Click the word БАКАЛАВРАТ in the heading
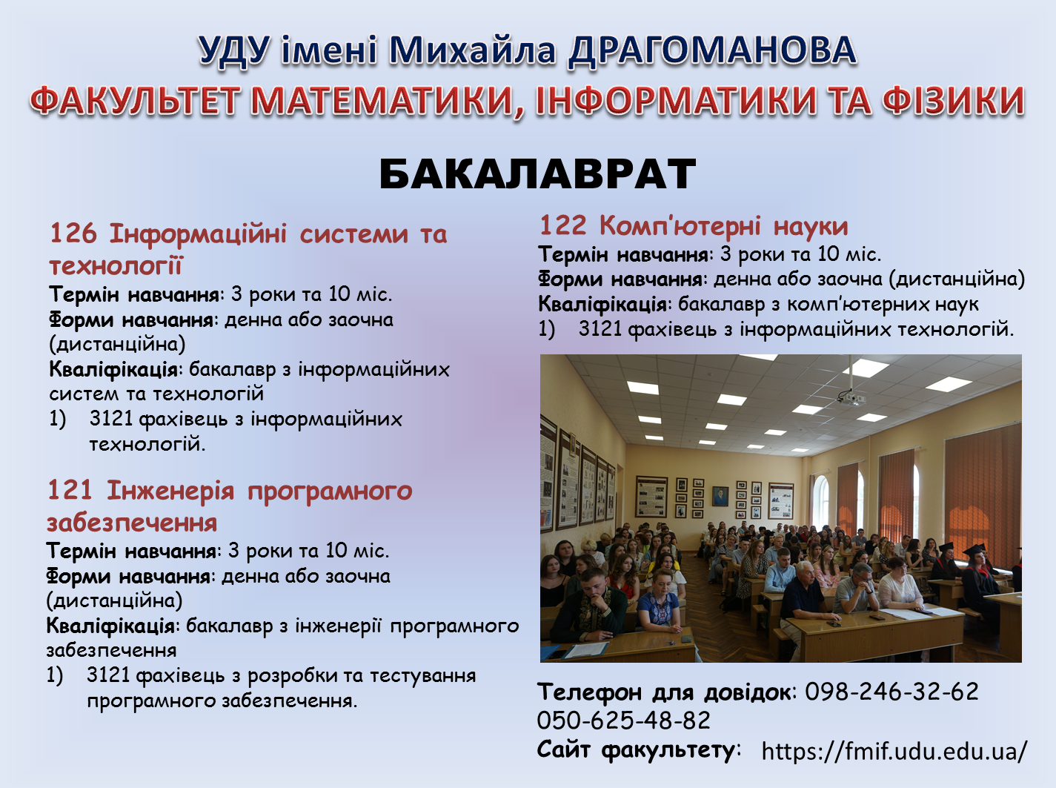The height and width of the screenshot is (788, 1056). click(537, 175)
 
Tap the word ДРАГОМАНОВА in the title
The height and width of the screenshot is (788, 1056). click(712, 50)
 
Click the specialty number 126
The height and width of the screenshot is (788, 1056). click(73, 234)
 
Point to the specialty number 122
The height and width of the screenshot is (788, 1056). click(562, 225)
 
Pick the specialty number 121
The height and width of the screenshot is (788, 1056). click(70, 491)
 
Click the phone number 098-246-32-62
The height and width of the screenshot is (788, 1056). click(891, 692)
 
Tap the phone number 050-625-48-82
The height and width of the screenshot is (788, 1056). click(623, 721)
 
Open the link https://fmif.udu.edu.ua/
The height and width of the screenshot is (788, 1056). click(894, 751)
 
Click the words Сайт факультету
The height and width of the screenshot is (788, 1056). click(637, 749)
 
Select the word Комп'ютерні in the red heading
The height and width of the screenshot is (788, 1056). click(680, 225)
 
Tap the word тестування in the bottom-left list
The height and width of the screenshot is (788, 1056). click(422, 676)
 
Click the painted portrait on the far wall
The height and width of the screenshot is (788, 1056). click(720, 496)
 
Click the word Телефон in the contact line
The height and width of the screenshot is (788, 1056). click(589, 692)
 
